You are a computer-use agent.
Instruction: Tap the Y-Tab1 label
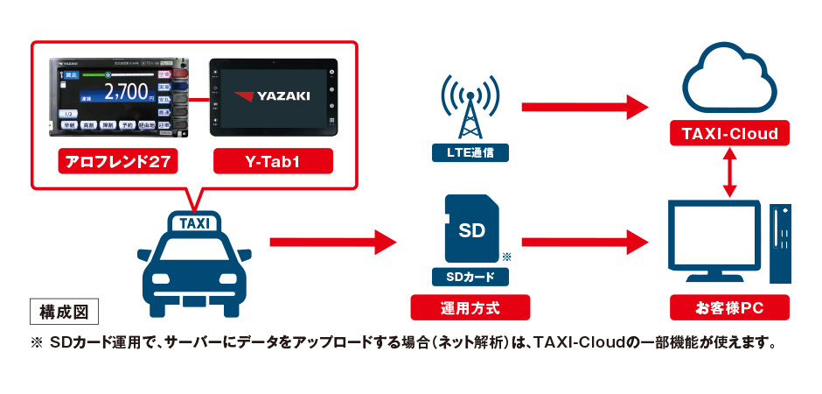pos(274,161)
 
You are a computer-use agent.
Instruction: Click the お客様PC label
pos(729,307)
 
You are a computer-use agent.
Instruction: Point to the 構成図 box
pos(64,310)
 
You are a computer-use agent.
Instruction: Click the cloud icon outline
pos(729,83)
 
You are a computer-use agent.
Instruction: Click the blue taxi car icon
pos(194,263)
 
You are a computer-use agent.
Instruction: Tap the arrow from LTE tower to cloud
pos(584,107)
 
